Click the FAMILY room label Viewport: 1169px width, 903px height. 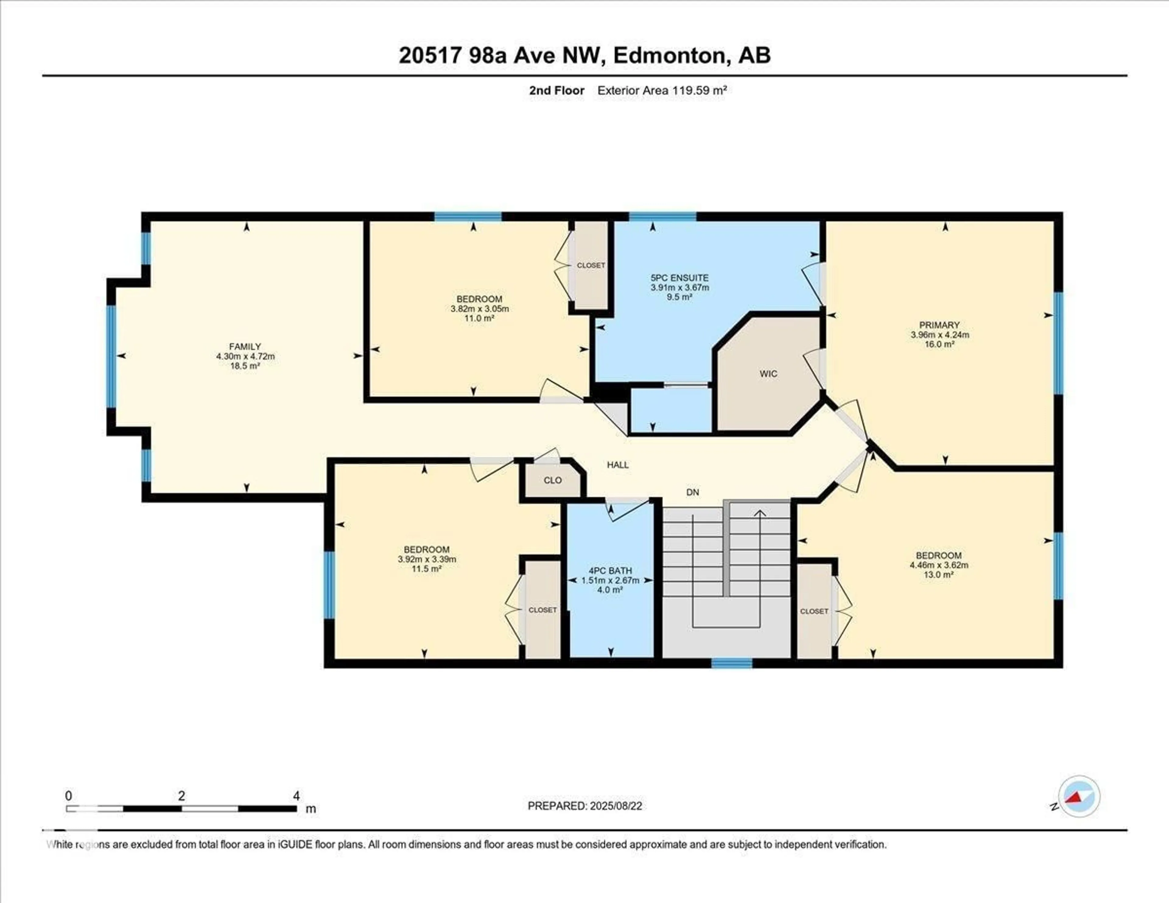click(x=245, y=346)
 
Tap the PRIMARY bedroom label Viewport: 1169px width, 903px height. click(x=939, y=325)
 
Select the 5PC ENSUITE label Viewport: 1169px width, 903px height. click(x=679, y=278)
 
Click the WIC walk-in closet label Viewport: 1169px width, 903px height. click(x=768, y=374)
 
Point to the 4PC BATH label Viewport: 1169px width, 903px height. click(x=610, y=571)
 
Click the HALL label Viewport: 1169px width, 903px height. click(x=618, y=465)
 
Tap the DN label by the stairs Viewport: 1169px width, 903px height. click(x=693, y=492)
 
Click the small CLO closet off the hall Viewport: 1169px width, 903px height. click(x=553, y=480)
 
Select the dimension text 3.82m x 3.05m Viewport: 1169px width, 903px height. click(x=479, y=309)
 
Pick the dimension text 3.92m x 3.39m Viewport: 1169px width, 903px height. click(x=427, y=559)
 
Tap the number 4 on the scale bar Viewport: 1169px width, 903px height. click(x=296, y=796)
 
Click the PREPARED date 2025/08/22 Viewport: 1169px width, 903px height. click(x=616, y=806)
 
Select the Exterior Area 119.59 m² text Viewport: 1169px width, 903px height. click(x=662, y=90)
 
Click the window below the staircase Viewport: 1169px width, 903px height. click(x=732, y=663)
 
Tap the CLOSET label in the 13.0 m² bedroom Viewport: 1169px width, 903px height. click(x=814, y=611)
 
